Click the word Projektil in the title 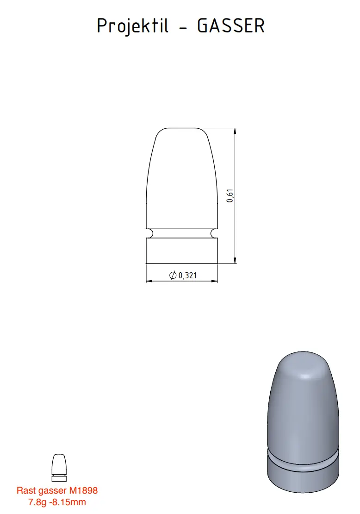tap(133, 26)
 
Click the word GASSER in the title tap(231, 25)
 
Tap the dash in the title tap(183, 27)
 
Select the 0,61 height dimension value tap(230, 196)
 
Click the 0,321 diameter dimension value tap(188, 276)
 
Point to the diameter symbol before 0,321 tap(173, 276)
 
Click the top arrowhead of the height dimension tap(235, 131)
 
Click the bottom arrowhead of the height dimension tap(235, 261)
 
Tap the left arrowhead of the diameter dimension tap(149, 281)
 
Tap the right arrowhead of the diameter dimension tap(215, 281)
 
